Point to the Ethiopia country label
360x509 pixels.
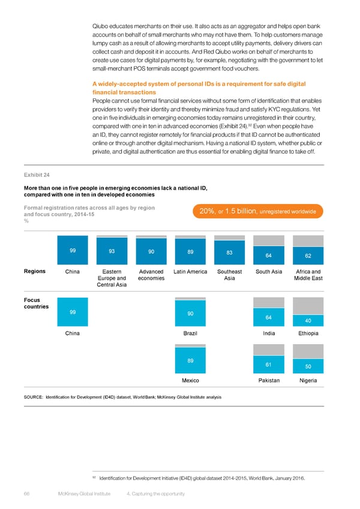[x=307, y=333]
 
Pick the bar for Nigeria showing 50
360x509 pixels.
[x=307, y=366]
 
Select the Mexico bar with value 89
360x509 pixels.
[x=190, y=361]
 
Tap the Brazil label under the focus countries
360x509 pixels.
[x=190, y=333]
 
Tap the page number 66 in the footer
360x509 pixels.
[x=27, y=493]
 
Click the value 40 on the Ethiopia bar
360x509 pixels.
[x=307, y=320]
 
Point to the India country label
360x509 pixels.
[x=268, y=333]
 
